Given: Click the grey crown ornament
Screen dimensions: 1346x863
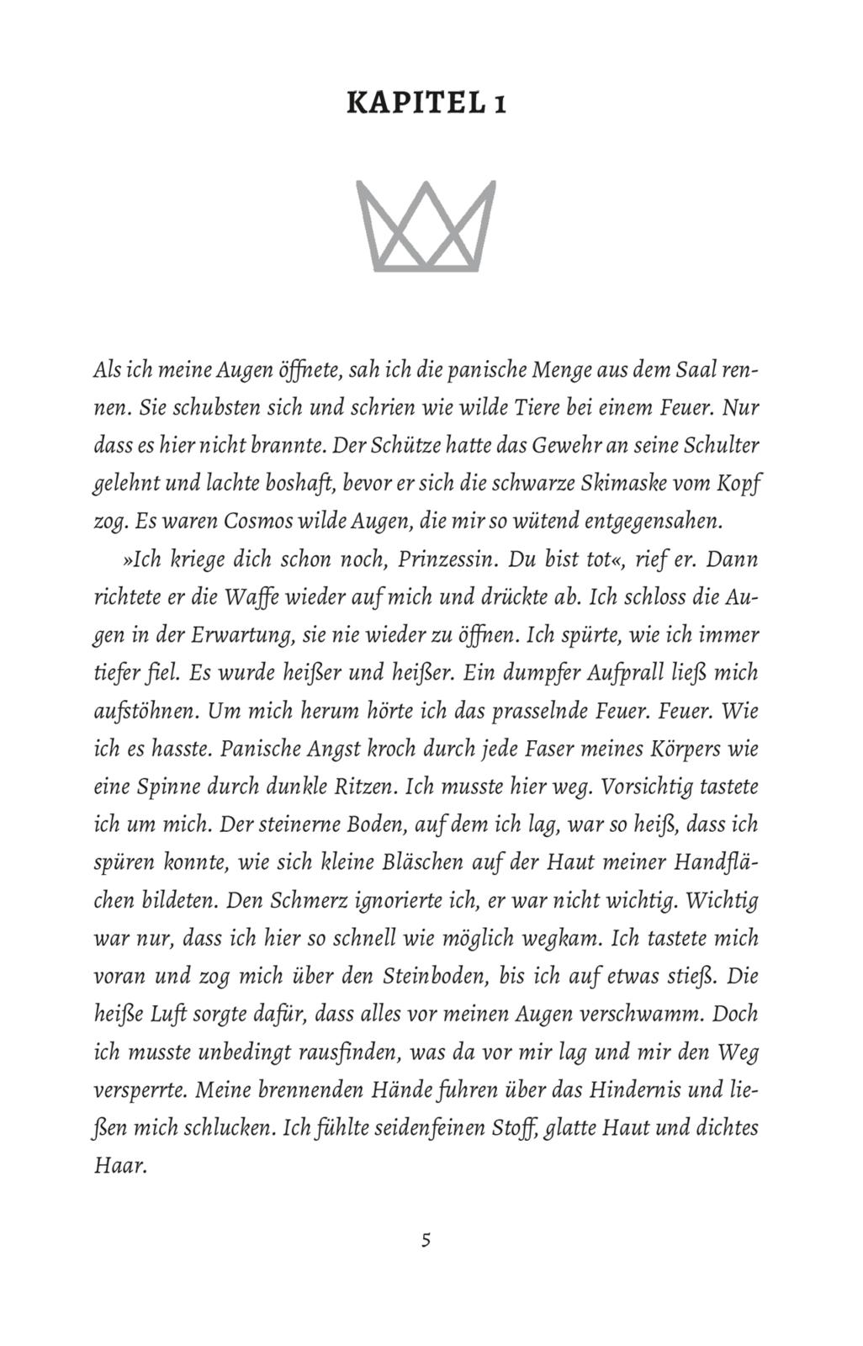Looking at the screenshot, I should pos(426,225).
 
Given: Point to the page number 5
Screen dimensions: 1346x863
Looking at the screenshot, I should pos(426,1240).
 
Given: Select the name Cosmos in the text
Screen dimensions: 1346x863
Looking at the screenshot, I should pos(255,521).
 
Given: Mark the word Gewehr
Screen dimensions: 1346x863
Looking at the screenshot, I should pos(573,445).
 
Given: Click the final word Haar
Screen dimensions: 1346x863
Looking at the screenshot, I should pos(119,1167).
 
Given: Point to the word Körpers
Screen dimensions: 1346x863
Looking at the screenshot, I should pos(682,749).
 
